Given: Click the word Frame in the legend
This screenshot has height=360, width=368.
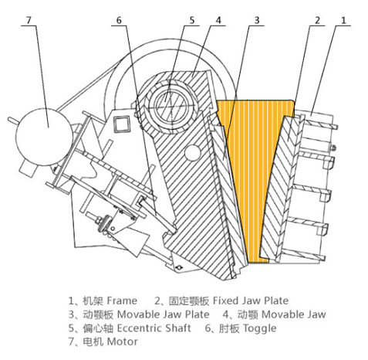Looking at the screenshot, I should (122, 300).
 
